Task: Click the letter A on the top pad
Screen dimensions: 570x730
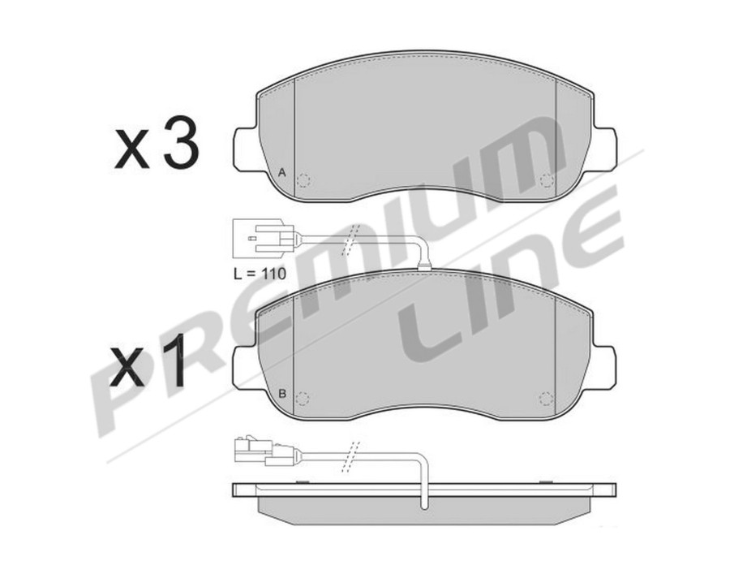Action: [x=281, y=172]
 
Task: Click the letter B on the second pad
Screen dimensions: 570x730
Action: [x=281, y=394]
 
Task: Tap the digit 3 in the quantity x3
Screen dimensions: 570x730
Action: [x=181, y=146]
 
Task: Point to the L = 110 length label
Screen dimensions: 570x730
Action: [x=260, y=274]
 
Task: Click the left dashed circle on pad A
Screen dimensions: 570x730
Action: [x=303, y=180]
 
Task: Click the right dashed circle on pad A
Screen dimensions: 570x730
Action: [x=547, y=180]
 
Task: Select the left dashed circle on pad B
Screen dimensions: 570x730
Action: [x=303, y=399]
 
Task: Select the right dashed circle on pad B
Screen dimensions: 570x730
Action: [x=547, y=399]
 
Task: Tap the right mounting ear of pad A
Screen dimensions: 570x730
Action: [x=603, y=149]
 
